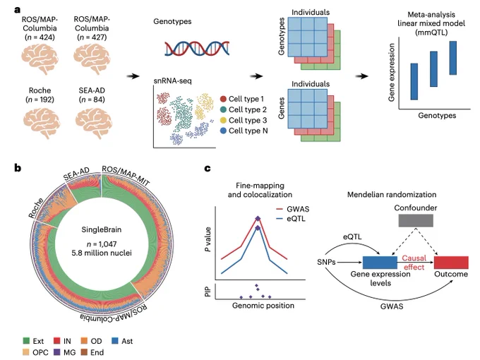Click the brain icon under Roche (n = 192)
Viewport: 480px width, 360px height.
[42, 123]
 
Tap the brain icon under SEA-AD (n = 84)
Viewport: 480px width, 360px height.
[93, 123]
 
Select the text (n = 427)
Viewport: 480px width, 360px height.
[92, 37]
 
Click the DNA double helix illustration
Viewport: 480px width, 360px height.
[197, 49]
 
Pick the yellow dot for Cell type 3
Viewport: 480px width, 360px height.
[223, 120]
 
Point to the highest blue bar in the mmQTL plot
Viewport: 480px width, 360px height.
[453, 58]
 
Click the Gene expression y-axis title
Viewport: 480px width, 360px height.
[391, 72]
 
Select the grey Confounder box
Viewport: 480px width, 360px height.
[416, 220]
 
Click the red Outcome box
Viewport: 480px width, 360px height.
[451, 263]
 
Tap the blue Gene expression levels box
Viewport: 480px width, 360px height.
[380, 263]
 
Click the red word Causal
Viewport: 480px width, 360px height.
[414, 258]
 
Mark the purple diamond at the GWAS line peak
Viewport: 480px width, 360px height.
[258, 219]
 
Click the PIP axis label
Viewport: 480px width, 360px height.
[208, 292]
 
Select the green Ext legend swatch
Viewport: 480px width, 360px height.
[26, 341]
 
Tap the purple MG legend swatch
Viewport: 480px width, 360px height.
[57, 352]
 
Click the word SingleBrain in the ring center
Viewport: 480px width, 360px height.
[102, 229]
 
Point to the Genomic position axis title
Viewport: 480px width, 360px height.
[263, 306]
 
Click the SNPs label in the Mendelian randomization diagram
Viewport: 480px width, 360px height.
[326, 262]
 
